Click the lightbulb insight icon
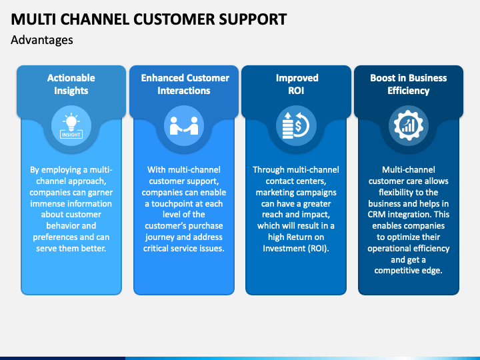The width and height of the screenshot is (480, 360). (71, 126)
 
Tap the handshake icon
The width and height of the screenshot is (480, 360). (184, 126)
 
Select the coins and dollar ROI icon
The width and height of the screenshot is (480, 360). (296, 126)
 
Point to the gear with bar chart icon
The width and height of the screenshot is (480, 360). (409, 126)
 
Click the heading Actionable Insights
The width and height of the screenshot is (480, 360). (71, 84)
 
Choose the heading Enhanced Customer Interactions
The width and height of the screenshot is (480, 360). (185, 84)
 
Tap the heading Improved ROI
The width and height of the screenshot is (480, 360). (297, 84)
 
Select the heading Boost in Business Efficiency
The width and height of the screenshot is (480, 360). (409, 84)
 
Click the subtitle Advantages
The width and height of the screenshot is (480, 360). (42, 40)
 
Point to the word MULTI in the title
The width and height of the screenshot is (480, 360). (33, 19)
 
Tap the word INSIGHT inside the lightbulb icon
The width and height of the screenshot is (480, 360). (71, 135)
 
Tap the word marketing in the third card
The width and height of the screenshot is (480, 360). (273, 193)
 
